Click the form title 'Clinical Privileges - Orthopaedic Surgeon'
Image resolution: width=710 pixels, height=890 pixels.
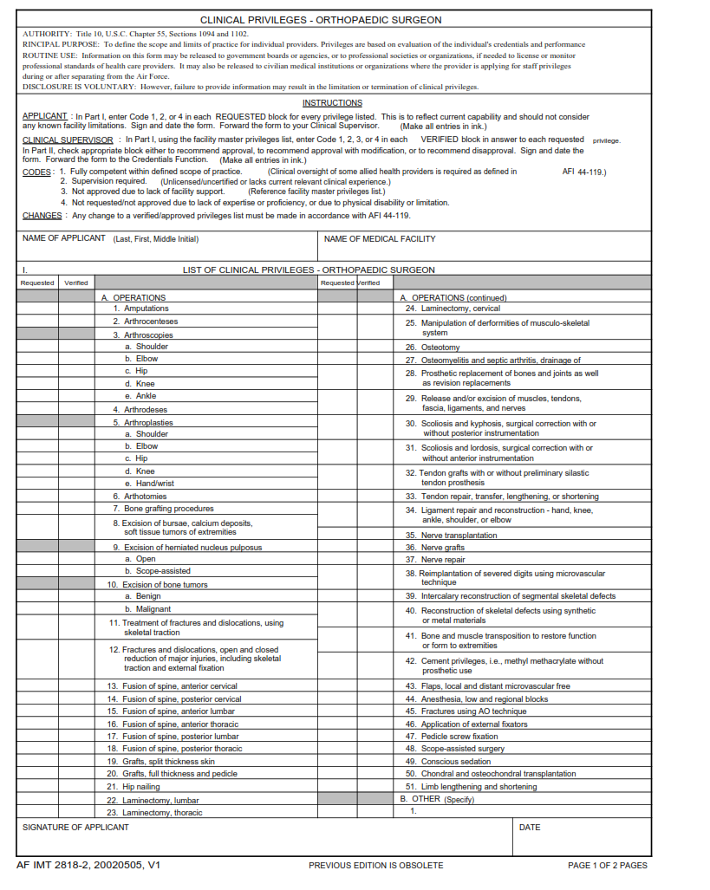(x=321, y=20)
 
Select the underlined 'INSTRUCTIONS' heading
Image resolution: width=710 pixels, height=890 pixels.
(x=333, y=103)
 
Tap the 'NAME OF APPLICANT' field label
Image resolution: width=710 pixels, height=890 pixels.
(x=64, y=239)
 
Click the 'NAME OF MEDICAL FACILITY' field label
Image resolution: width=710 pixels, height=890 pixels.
(x=380, y=239)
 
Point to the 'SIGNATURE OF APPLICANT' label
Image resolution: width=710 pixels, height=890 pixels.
(x=75, y=828)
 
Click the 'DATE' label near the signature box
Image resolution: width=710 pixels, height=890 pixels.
(x=530, y=828)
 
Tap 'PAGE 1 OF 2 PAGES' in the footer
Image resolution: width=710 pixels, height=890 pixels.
(x=607, y=866)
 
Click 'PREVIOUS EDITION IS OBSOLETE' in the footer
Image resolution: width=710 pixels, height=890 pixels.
(x=375, y=866)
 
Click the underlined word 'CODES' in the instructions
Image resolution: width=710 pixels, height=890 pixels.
(x=36, y=172)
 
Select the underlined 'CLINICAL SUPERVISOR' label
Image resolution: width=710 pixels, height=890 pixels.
(x=67, y=140)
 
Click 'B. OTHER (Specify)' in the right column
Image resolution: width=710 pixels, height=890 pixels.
(x=437, y=800)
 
